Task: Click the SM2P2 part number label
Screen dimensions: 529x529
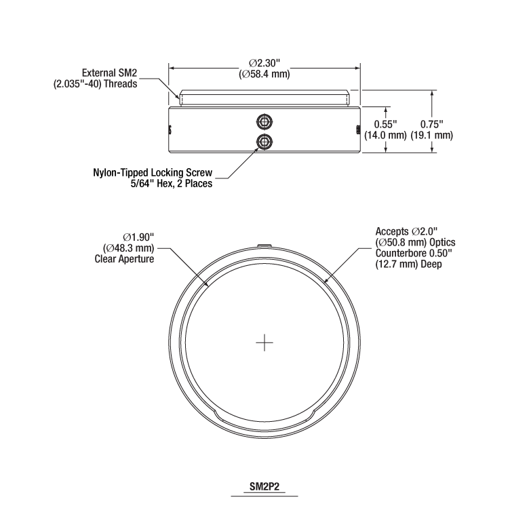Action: point(264,486)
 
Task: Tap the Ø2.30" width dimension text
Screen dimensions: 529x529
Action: point(264,63)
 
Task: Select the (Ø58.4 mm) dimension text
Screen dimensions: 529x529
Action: point(264,74)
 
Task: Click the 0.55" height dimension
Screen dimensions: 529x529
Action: point(385,124)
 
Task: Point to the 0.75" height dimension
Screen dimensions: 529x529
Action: point(431,124)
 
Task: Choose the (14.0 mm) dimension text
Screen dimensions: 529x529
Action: point(385,135)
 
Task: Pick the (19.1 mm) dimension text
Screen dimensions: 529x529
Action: point(431,135)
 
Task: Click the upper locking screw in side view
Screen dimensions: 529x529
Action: point(264,122)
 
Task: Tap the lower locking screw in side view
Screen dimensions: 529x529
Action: point(264,142)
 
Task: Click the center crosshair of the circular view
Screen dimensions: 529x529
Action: point(264,342)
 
